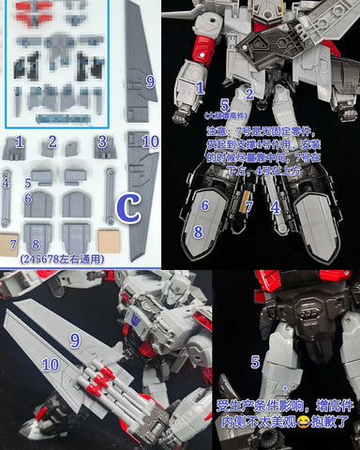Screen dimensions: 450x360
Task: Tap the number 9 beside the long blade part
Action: click(x=149, y=82)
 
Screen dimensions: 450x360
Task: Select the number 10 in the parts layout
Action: click(x=150, y=141)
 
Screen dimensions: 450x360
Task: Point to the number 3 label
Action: click(x=99, y=142)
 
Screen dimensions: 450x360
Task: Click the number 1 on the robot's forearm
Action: click(x=199, y=87)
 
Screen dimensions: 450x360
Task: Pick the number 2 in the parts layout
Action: click(x=53, y=142)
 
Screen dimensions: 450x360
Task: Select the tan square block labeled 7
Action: click(x=12, y=245)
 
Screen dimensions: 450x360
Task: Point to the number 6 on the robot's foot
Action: click(x=204, y=204)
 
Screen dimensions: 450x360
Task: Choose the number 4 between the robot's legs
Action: click(x=276, y=205)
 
